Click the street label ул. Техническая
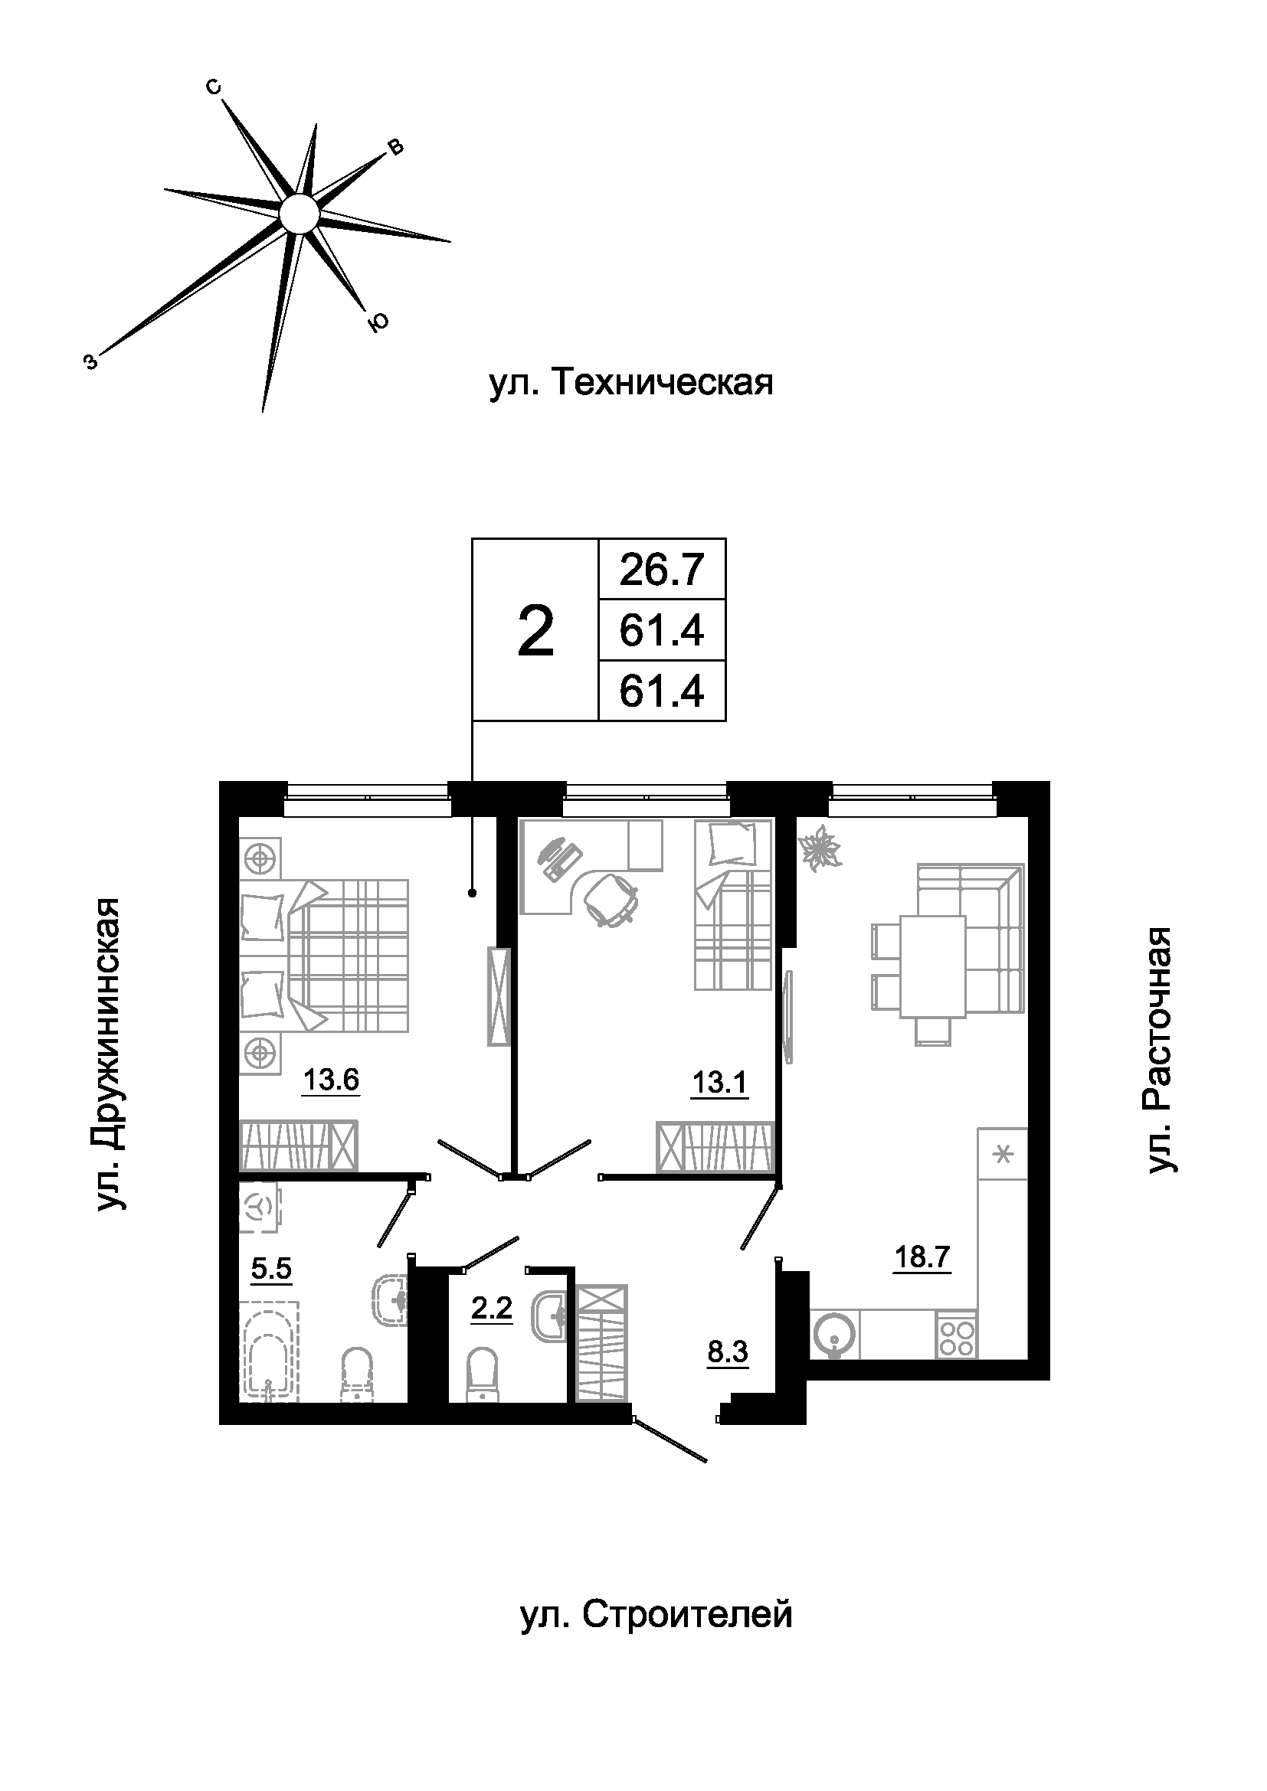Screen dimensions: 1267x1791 [x=631, y=384]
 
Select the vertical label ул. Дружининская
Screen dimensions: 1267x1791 [x=110, y=1054]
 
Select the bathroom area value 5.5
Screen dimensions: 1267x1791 [x=270, y=1268]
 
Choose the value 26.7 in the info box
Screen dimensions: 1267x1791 [x=662, y=570]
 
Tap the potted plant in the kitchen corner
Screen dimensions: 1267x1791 [x=819, y=848]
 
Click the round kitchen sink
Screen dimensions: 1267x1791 [x=834, y=1335]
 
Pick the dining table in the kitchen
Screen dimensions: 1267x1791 [x=932, y=966]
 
